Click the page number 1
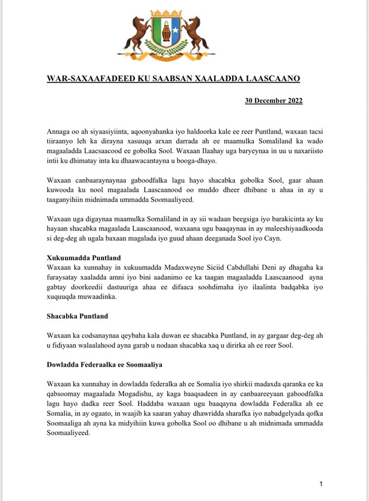[321, 483]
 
